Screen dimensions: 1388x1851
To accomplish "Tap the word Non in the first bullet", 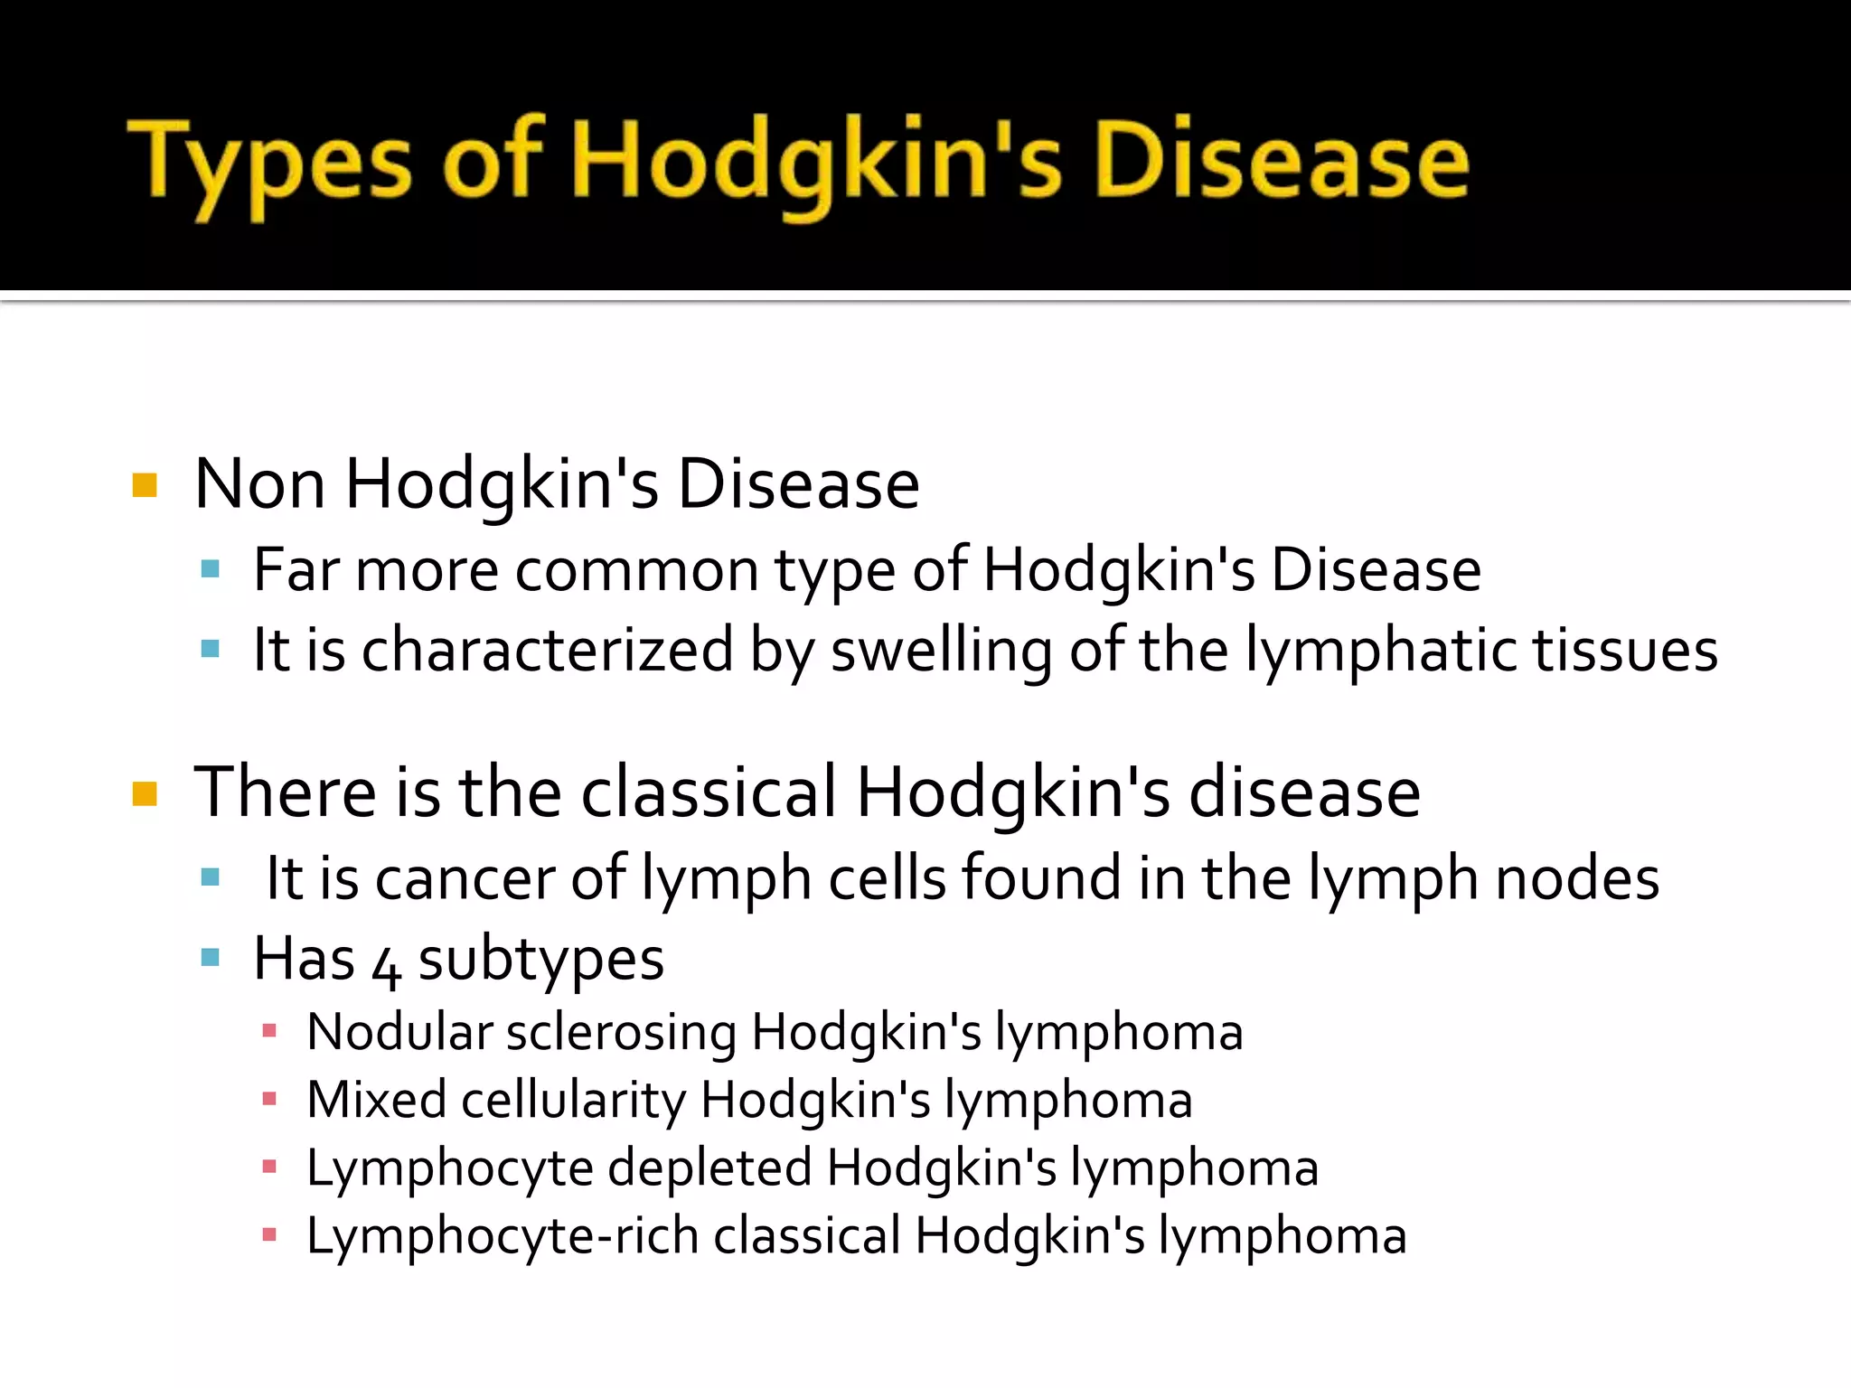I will (x=259, y=484).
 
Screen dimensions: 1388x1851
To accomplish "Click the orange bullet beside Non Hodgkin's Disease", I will (x=145, y=486).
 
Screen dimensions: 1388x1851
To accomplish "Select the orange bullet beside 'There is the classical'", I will (x=145, y=794).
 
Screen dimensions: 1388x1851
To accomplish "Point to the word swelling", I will (x=941, y=651).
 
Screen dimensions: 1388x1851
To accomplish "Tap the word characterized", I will (x=547, y=651).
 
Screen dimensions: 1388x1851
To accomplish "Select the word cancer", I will (x=465, y=878).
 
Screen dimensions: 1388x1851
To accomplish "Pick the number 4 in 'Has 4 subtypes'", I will (x=387, y=966).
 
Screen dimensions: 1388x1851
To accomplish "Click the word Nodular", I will (x=399, y=1032).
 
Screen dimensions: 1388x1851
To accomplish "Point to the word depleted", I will (x=709, y=1168).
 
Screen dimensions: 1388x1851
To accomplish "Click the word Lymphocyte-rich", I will (x=503, y=1237).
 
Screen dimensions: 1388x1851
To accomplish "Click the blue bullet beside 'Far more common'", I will (x=211, y=569).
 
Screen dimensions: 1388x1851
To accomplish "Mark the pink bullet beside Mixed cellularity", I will (x=268, y=1099).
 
